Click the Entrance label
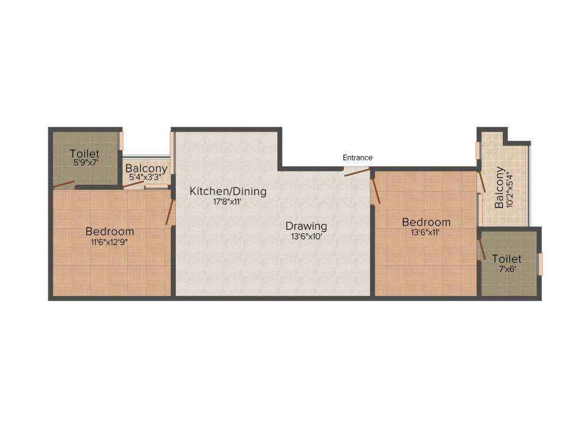(x=358, y=157)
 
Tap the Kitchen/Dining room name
(x=228, y=191)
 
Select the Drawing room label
(x=306, y=226)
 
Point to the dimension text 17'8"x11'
(x=228, y=201)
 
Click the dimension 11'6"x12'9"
(x=110, y=242)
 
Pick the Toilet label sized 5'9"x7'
(x=84, y=153)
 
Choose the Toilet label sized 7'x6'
(x=506, y=258)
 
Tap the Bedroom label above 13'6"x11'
(x=426, y=222)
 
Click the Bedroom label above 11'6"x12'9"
(x=110, y=231)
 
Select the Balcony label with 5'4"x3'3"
(x=146, y=168)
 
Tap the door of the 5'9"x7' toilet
(x=63, y=185)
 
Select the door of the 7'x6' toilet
(x=481, y=250)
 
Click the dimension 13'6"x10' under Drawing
(x=306, y=237)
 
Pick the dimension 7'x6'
(x=506, y=269)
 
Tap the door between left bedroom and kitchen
(x=169, y=212)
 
